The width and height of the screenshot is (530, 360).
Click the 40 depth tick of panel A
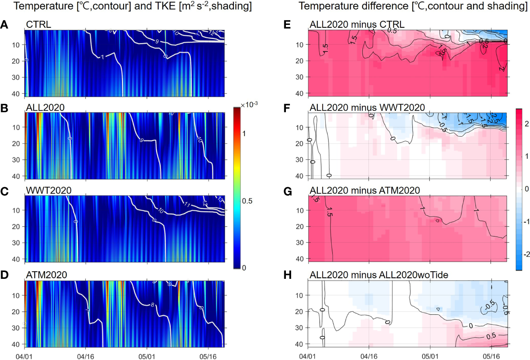click(x=18, y=93)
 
